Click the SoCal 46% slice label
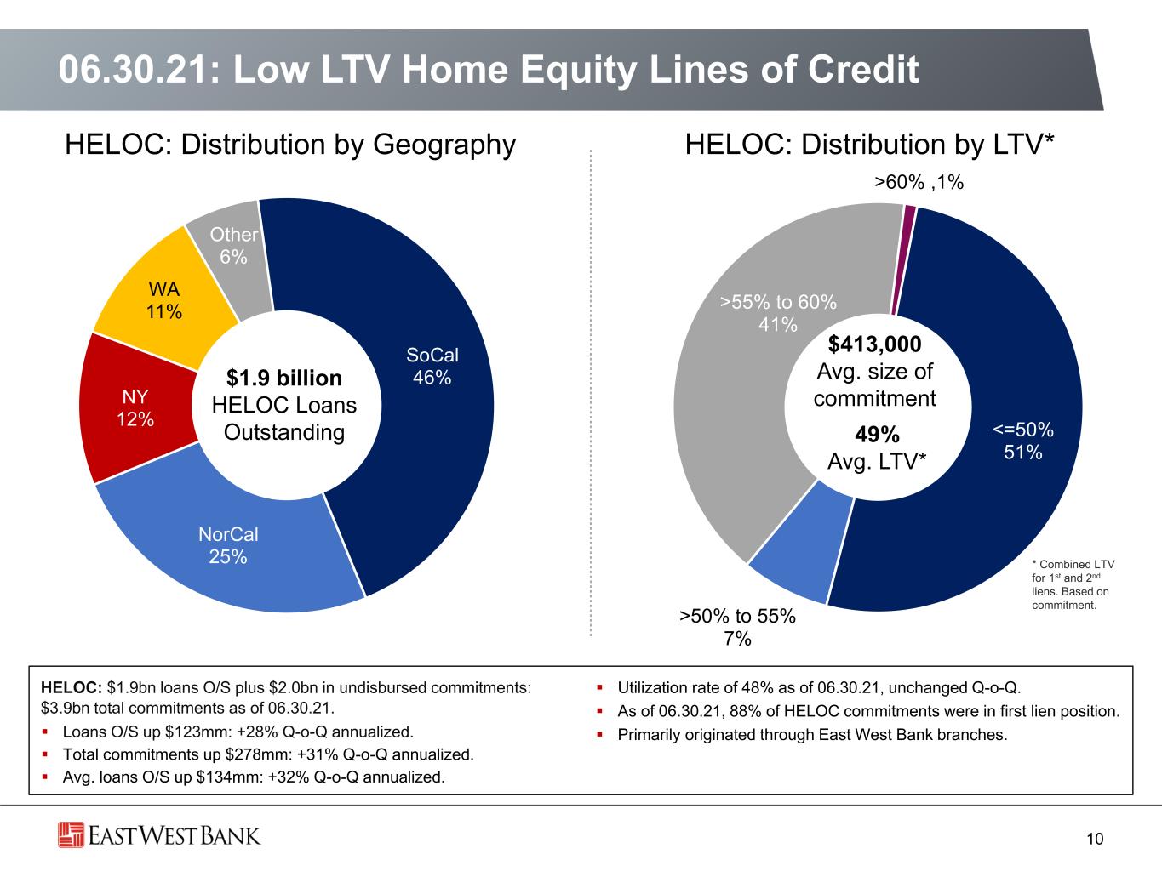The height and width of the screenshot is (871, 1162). tap(432, 366)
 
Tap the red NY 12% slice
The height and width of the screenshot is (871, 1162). tap(135, 407)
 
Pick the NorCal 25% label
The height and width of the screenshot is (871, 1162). tap(228, 545)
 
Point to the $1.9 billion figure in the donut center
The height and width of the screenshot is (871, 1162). tap(284, 378)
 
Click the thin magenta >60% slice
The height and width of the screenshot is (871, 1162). tap(903, 259)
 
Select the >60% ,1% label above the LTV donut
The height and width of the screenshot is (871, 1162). tap(919, 182)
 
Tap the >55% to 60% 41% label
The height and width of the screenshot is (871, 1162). tap(778, 313)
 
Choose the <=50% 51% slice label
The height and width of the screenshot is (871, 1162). tap(1022, 441)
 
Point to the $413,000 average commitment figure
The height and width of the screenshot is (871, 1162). tap(874, 344)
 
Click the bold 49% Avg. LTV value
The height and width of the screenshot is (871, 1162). tap(877, 434)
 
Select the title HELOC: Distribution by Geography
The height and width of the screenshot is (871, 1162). tap(290, 145)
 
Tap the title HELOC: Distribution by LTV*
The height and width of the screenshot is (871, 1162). tap(869, 145)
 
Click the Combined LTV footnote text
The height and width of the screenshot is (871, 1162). tap(1073, 584)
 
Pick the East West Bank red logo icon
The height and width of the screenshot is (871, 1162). tap(71, 835)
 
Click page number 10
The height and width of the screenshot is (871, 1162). tap(1095, 839)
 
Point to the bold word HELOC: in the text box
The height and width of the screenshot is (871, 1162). tap(72, 687)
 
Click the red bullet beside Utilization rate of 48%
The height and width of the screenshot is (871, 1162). tap(599, 687)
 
